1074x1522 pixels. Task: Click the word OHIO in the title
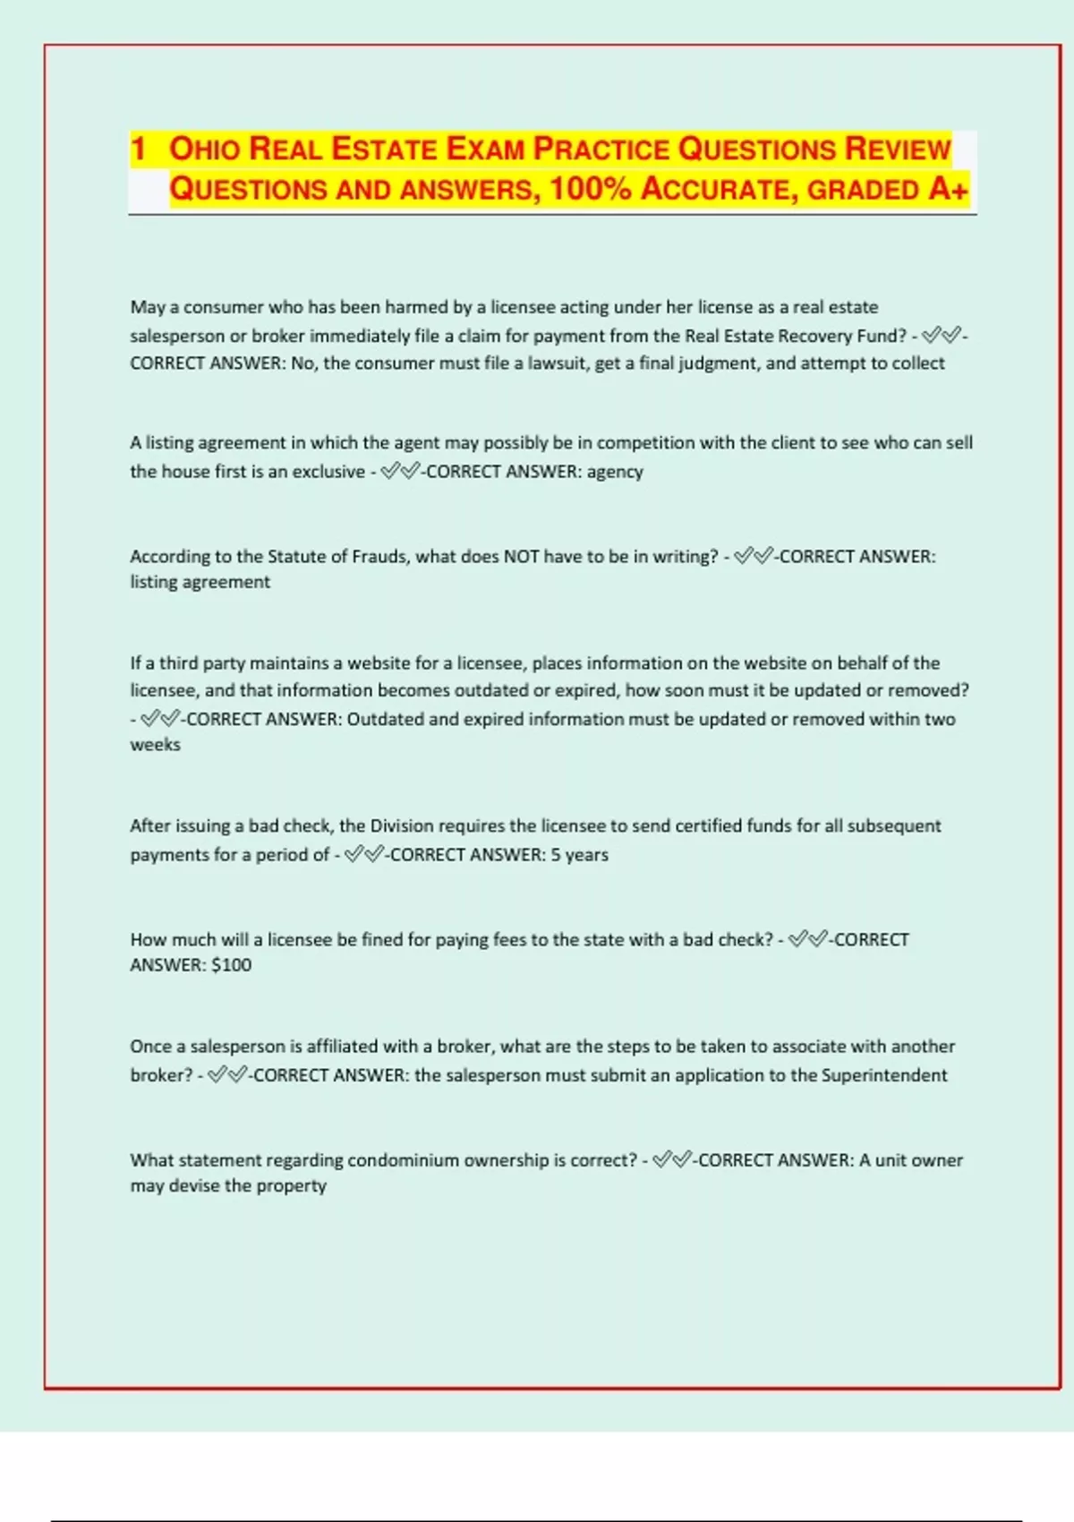pos(205,149)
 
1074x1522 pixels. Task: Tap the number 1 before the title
pos(138,149)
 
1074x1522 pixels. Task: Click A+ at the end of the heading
pos(949,190)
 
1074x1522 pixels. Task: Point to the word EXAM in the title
pos(485,149)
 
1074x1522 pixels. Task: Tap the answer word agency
pos(615,472)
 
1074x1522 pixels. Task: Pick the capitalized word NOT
pos(521,557)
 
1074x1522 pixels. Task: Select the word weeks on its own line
pos(155,745)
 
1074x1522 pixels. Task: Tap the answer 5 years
pos(579,855)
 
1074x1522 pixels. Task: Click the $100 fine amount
pos(231,965)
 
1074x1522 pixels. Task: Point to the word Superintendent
pos(883,1075)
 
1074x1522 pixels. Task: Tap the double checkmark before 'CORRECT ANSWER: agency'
pos(399,472)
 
